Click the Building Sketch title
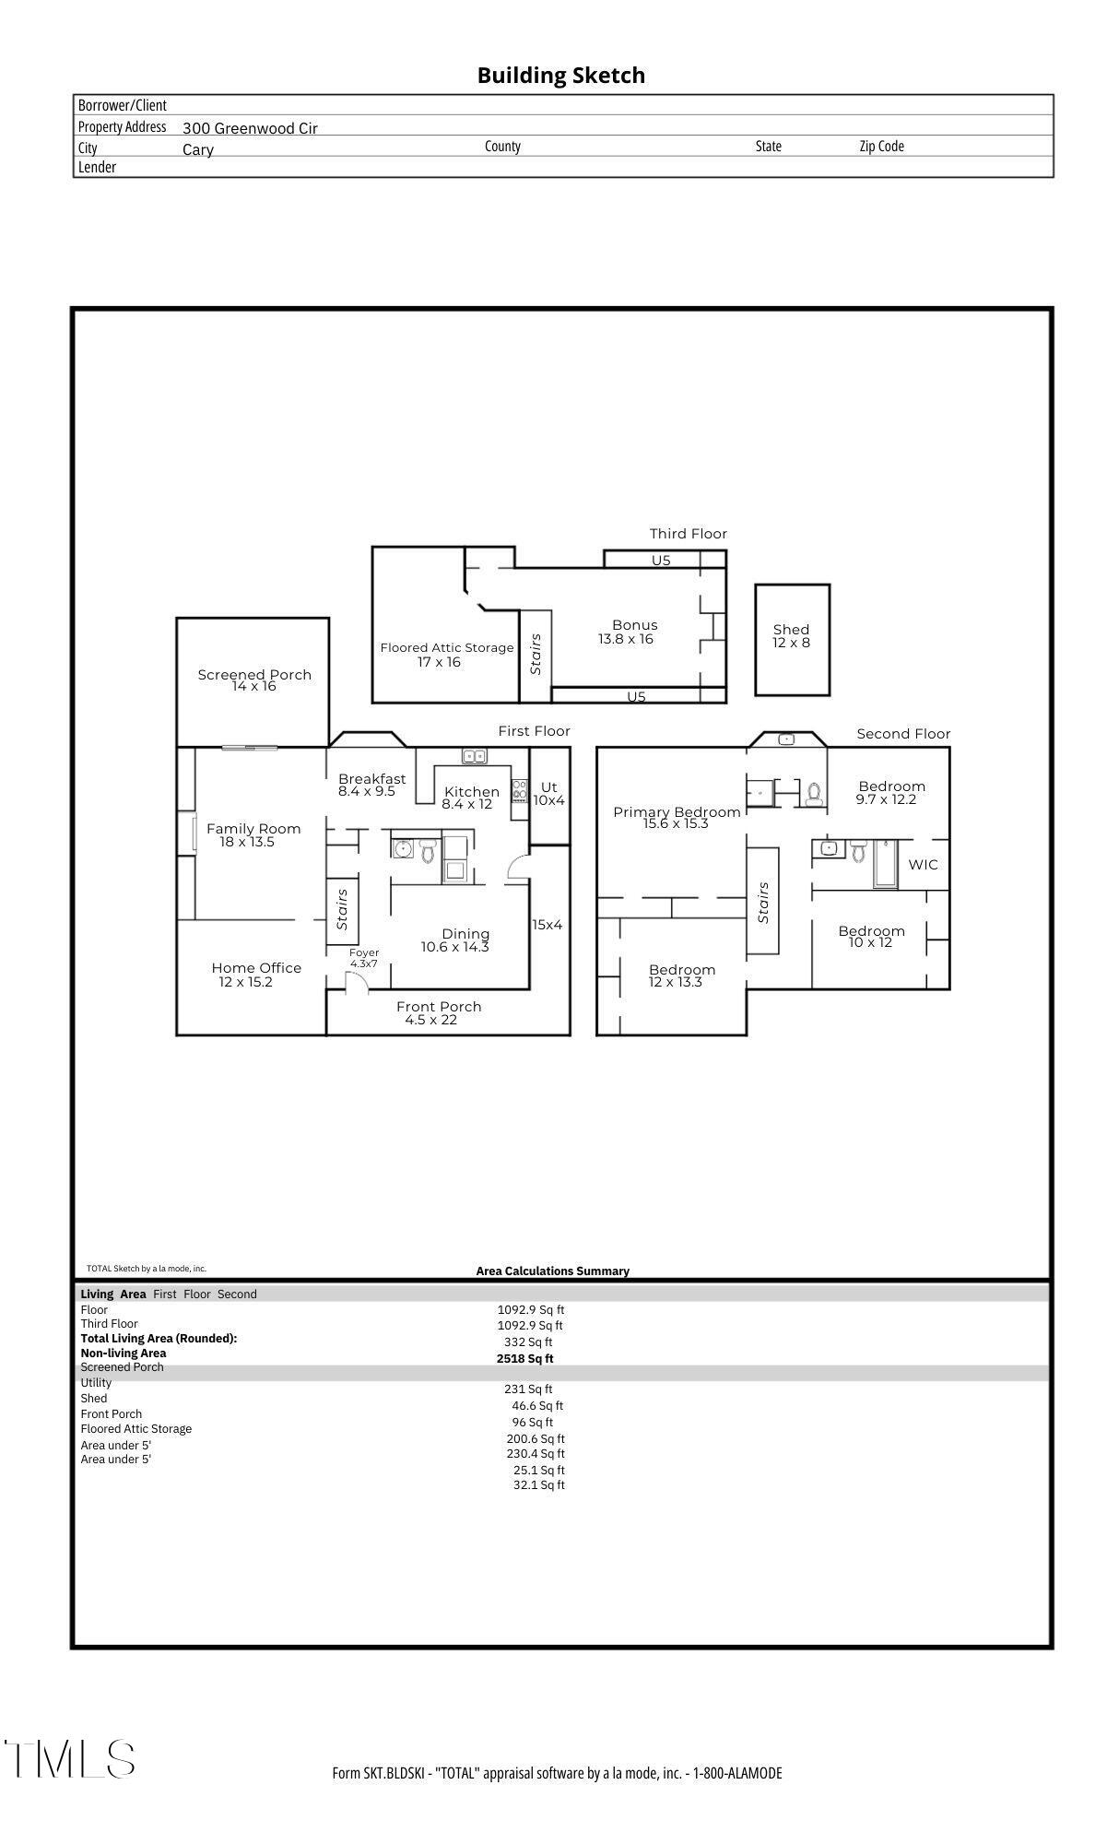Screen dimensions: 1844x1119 [560, 76]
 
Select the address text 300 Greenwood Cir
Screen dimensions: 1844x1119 [250, 128]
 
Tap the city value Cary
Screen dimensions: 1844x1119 [198, 149]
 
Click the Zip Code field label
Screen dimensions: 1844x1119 [881, 146]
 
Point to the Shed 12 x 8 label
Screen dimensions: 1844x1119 [791, 636]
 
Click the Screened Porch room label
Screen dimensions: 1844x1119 [254, 680]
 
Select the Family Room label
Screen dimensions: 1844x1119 [253, 834]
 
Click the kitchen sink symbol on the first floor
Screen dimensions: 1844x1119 [475, 756]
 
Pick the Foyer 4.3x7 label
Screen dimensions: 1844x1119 [363, 957]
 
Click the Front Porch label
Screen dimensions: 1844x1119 [438, 1012]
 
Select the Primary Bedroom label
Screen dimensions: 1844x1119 [677, 817]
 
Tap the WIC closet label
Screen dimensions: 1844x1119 [923, 864]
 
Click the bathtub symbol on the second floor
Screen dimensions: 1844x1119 [885, 864]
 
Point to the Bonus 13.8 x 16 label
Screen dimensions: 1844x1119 [633, 632]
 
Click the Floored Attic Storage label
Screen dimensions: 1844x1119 [446, 654]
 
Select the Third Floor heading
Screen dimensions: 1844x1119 [688, 534]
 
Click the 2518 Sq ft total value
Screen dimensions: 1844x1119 [524, 1358]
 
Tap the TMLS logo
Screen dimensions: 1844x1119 [69, 1758]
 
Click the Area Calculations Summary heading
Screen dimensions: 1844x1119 [552, 1271]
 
